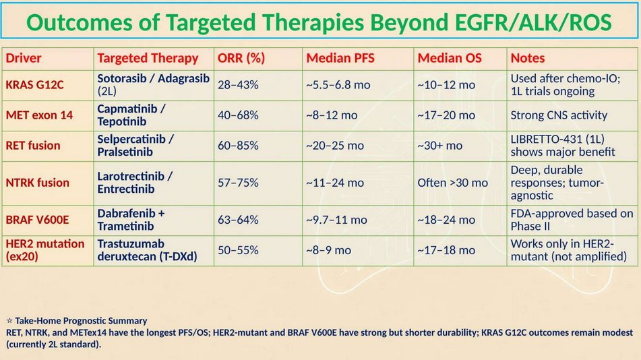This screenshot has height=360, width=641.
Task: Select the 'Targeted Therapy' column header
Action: click(x=148, y=58)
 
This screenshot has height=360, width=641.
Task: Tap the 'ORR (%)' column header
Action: click(x=241, y=58)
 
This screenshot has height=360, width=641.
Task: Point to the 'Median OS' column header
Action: click(x=449, y=58)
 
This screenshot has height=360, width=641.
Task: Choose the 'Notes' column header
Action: click(x=528, y=58)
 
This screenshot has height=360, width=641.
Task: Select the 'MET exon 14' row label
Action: click(x=39, y=115)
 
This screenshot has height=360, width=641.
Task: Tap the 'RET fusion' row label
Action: click(x=33, y=146)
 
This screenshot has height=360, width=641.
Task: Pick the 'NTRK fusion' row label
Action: click(x=38, y=183)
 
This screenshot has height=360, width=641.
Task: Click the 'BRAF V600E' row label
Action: click(x=38, y=220)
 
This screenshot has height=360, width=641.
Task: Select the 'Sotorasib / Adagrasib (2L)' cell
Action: click(x=154, y=84)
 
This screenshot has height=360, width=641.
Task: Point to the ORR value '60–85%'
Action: click(x=238, y=146)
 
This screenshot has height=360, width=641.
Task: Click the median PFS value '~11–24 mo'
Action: click(x=335, y=183)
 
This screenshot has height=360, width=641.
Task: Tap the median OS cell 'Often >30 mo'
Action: click(x=452, y=183)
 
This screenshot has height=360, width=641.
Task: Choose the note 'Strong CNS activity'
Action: click(x=559, y=115)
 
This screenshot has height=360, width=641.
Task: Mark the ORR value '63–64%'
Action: click(x=238, y=220)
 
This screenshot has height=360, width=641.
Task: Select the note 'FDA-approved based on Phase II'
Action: click(x=572, y=220)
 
